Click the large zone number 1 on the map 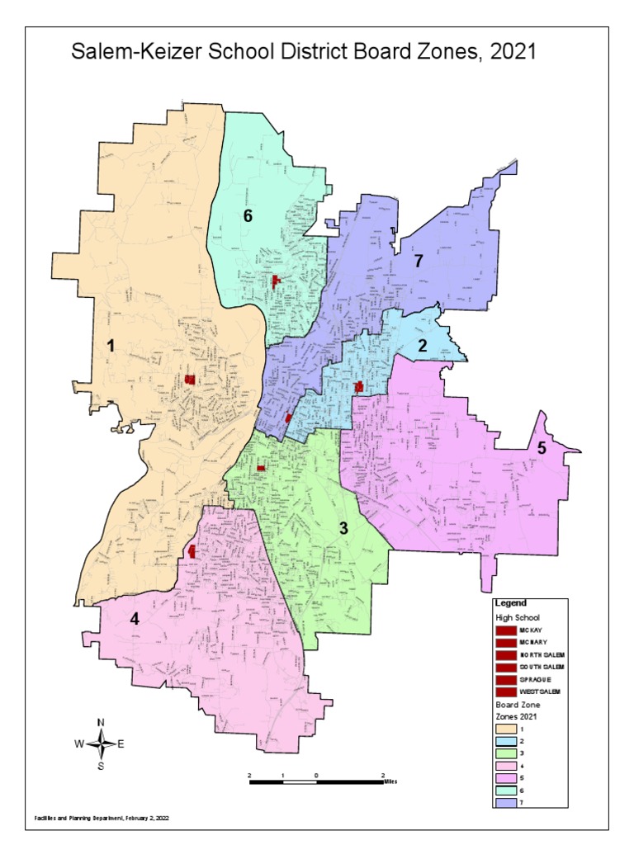point(110,347)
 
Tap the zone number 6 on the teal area point(247,216)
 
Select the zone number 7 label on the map point(418,262)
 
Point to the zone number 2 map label point(422,346)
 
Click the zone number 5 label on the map point(542,448)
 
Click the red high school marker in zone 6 point(276,281)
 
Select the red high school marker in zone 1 point(189,380)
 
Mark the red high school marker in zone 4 point(192,551)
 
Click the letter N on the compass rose point(101,723)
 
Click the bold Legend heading point(511,602)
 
